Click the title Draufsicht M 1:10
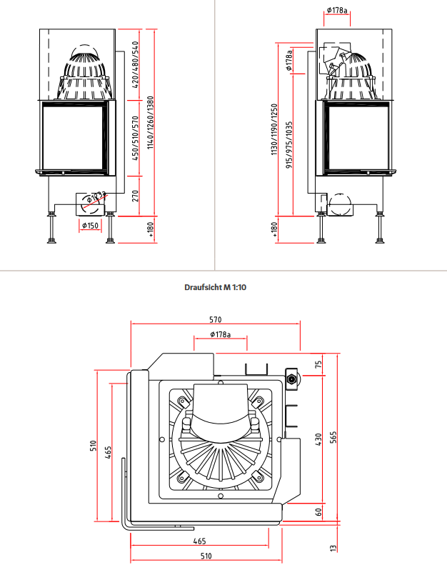click(x=215, y=288)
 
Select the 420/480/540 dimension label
click(x=135, y=65)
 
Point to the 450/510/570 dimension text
click(x=135, y=139)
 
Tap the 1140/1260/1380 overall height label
click(x=151, y=123)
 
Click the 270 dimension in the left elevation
click(x=135, y=196)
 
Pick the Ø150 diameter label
click(x=90, y=226)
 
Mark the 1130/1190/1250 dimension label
click(x=274, y=129)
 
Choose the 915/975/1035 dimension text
click(x=289, y=145)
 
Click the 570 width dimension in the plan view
click(x=216, y=319)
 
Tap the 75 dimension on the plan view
click(x=318, y=364)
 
